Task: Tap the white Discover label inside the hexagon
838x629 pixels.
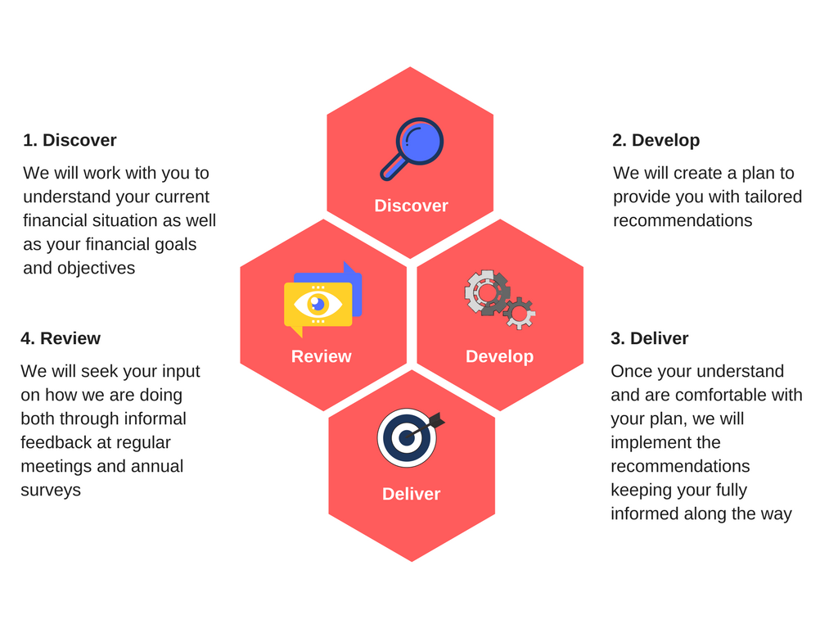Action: tap(411, 206)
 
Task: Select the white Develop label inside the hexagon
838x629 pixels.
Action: tap(499, 356)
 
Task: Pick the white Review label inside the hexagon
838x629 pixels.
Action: tap(321, 356)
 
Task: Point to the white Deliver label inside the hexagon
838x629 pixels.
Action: tap(411, 494)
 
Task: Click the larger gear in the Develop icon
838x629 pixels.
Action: tap(487, 292)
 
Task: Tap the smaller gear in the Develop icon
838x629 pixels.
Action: tap(519, 314)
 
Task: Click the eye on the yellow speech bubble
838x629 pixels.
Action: tap(318, 305)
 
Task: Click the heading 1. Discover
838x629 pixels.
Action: tap(70, 140)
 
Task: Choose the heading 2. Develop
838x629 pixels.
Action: tap(656, 140)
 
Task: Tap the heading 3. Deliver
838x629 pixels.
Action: tap(649, 338)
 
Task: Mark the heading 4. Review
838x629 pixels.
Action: tap(61, 338)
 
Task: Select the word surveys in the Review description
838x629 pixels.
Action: tap(51, 491)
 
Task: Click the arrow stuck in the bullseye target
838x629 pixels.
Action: tap(425, 427)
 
